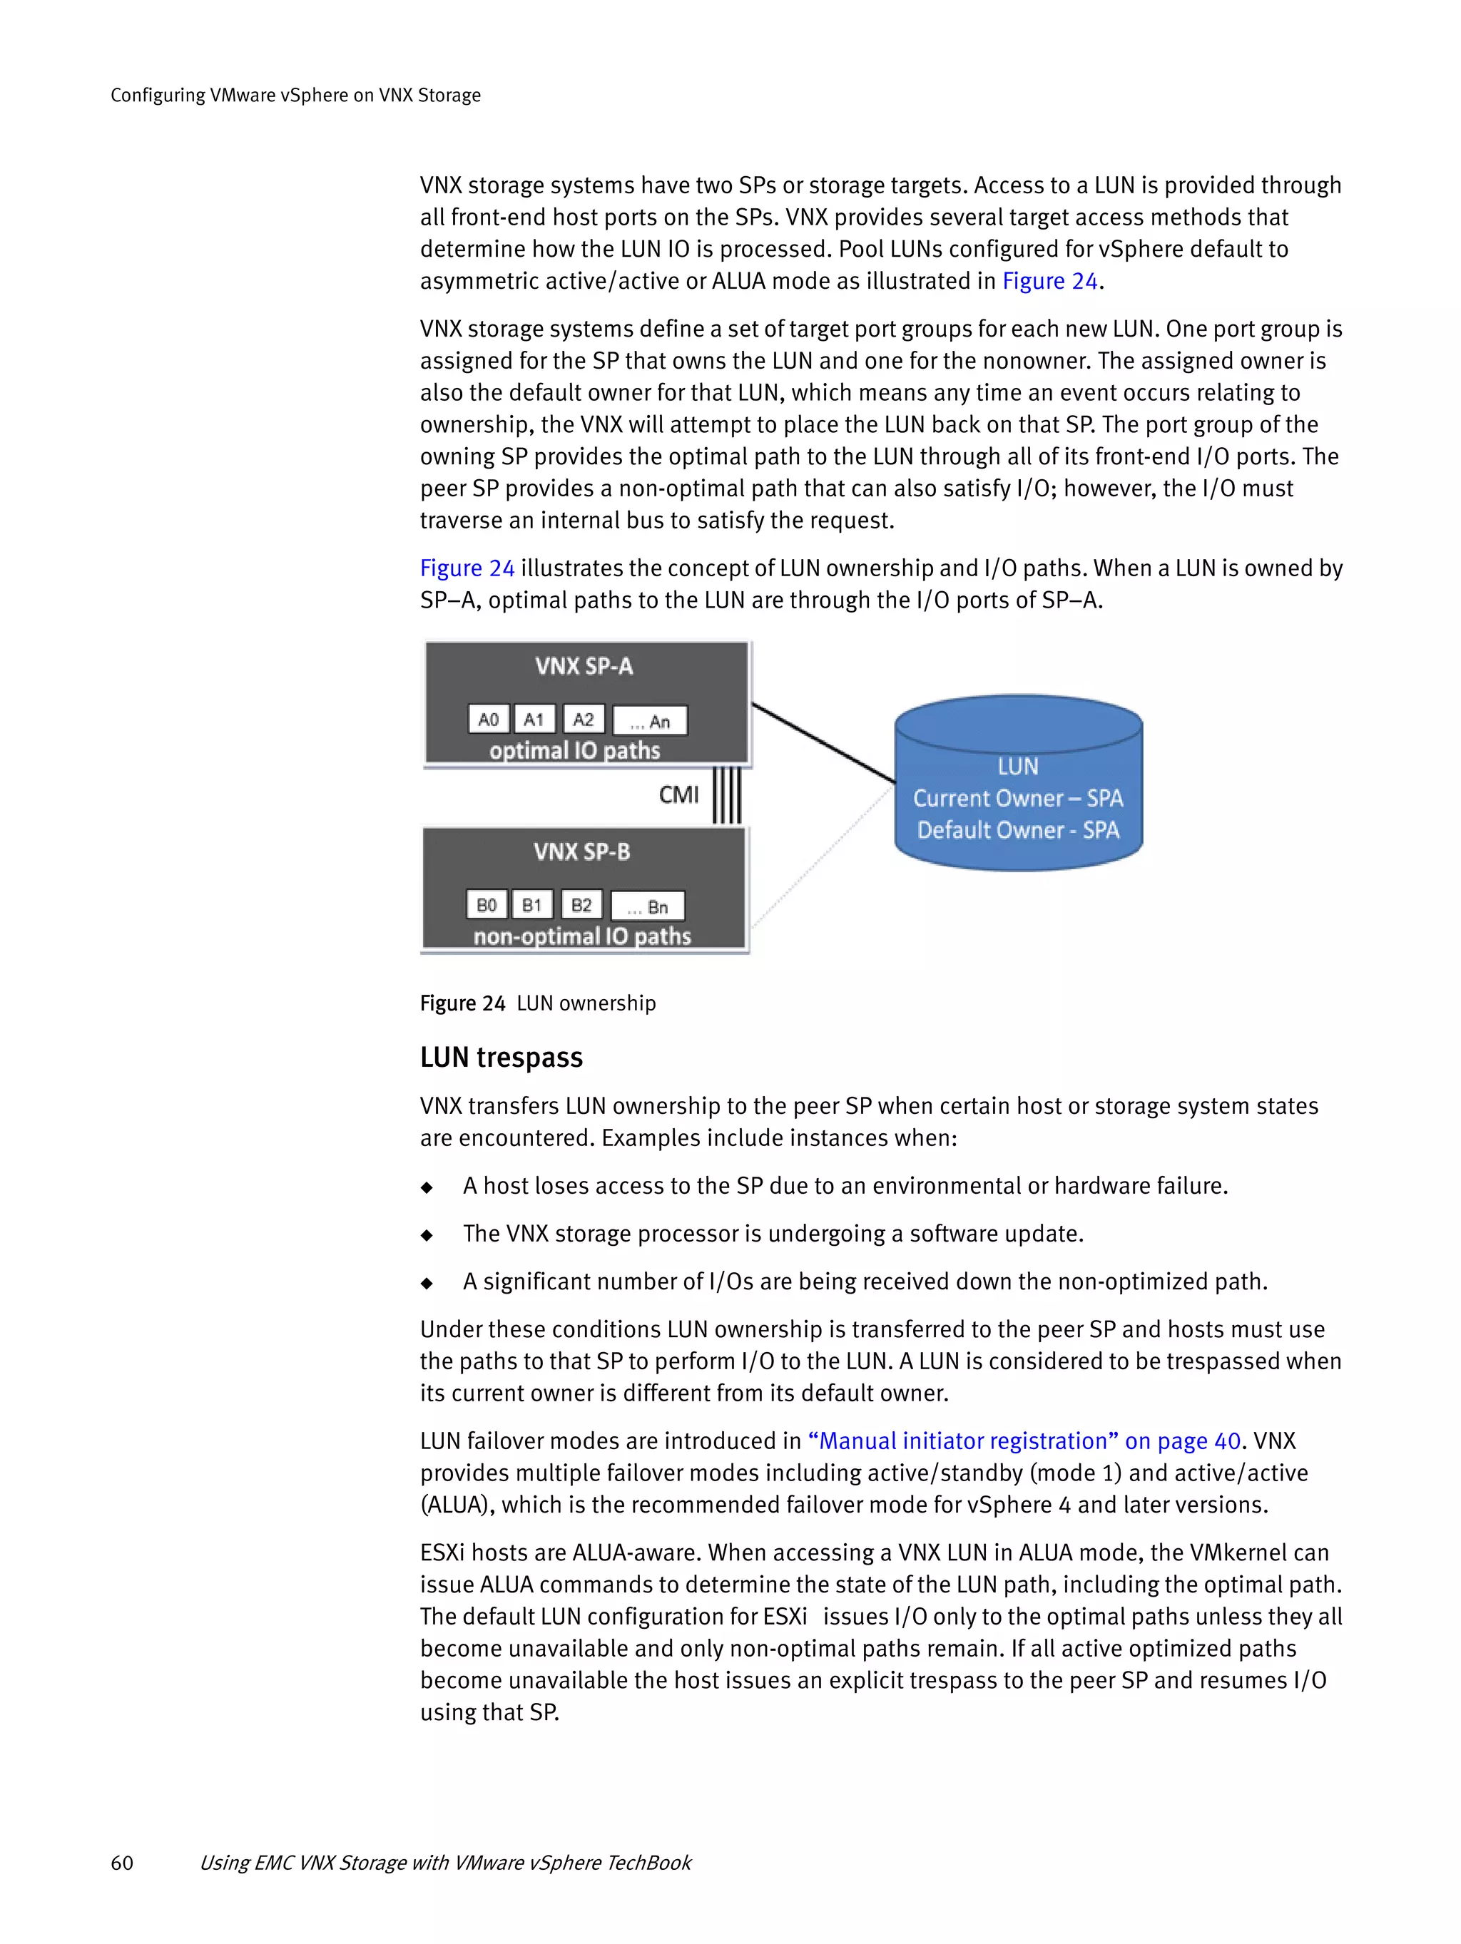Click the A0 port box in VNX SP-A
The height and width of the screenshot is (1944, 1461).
click(488, 720)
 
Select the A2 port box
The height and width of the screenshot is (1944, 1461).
click(583, 720)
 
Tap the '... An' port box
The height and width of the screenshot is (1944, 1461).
click(650, 722)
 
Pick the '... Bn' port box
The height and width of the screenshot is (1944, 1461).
click(648, 907)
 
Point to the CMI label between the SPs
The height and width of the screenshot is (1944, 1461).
click(678, 794)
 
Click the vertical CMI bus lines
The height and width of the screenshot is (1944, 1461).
click(727, 795)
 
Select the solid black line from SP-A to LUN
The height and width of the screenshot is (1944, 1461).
click(823, 742)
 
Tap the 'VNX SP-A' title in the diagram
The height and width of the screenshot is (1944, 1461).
click(584, 666)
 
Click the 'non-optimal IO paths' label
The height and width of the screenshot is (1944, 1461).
click(582, 937)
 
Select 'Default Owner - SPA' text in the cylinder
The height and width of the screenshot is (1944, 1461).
click(1018, 831)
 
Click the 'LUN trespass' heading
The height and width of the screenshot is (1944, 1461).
click(501, 1058)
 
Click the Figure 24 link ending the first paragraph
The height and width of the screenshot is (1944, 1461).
click(1049, 281)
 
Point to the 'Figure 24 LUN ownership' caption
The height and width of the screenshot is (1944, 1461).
click(538, 1003)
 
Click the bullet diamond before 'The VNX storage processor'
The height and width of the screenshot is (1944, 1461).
click(427, 1234)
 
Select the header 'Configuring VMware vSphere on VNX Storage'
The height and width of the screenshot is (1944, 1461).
click(295, 95)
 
